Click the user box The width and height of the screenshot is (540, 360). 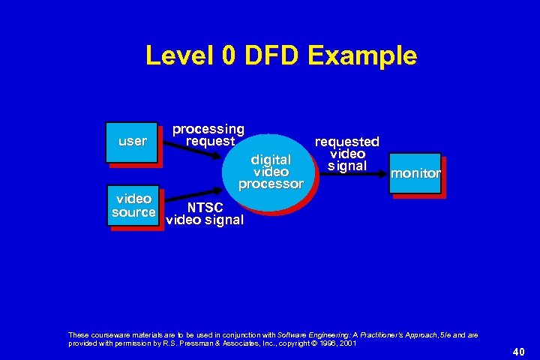[x=132, y=142]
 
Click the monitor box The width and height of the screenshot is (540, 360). [x=415, y=174]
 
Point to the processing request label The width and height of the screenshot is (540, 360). [x=209, y=135]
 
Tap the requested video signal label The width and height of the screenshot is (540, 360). [x=346, y=153]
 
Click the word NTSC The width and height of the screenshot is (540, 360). [x=205, y=208]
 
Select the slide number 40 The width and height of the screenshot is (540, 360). [x=518, y=351]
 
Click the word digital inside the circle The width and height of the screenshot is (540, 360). [x=271, y=160]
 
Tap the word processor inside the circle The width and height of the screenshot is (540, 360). [x=271, y=184]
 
